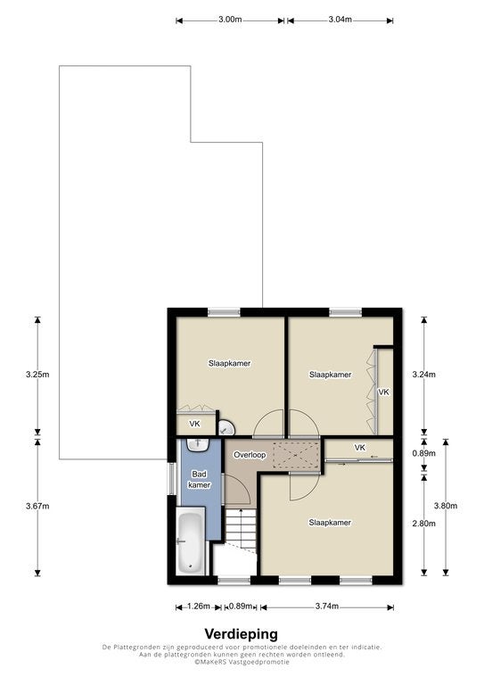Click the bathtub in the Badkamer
(191, 541)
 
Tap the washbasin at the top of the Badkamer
(198, 444)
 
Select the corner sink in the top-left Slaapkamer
(226, 427)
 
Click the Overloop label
(250, 455)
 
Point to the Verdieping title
(242, 633)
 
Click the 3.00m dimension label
(230, 20)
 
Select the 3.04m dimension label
(340, 20)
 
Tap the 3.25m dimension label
(37, 375)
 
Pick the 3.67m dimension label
(37, 507)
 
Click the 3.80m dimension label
(446, 506)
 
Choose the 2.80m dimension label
(423, 524)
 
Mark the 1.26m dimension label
(199, 607)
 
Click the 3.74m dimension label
(327, 607)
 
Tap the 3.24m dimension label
(423, 375)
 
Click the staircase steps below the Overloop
(241, 529)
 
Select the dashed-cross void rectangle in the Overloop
(296, 455)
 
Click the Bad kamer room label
(200, 479)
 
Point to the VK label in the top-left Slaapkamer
(194, 424)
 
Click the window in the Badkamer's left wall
(172, 478)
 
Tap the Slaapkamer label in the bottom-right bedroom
(330, 523)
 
